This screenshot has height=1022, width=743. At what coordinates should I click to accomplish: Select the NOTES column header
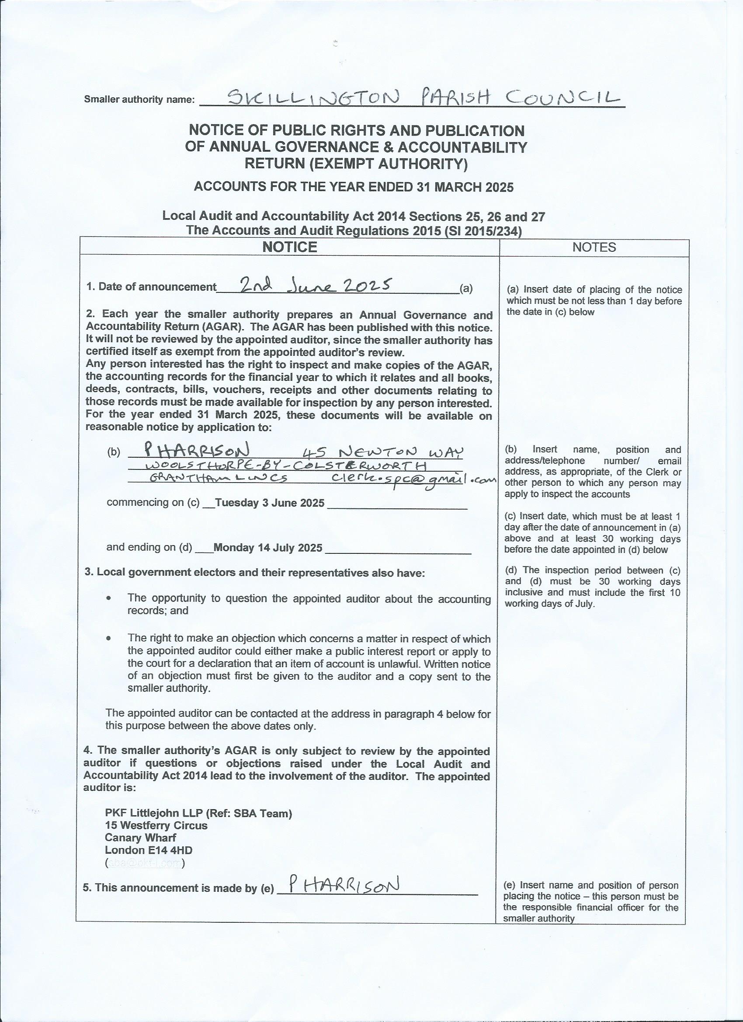coord(594,247)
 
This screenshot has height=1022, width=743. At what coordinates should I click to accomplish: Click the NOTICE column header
coord(290,247)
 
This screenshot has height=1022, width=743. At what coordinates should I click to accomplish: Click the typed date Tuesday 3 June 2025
coord(270,503)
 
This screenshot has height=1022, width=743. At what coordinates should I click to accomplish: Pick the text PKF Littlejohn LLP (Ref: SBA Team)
coord(198,813)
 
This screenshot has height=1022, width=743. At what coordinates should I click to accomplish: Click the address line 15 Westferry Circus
coord(156,826)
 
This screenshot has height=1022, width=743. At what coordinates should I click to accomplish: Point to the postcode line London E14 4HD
coord(148,850)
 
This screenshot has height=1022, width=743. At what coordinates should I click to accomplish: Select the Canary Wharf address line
coord(140,838)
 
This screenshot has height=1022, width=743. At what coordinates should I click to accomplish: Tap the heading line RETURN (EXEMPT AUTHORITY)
coord(356,164)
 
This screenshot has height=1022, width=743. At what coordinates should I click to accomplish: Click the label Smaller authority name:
coord(139,100)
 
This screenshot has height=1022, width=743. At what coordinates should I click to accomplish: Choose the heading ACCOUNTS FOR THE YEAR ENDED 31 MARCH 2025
coord(354,187)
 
